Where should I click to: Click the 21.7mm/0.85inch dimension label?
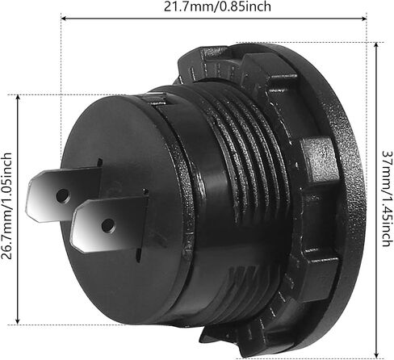pos(217,6)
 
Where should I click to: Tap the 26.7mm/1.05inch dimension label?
pos(6,206)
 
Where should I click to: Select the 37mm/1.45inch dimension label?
pos(388,199)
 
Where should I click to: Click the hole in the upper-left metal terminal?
pos(62,196)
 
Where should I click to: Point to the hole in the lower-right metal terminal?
pos(108,225)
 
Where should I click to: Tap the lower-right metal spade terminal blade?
pos(109,224)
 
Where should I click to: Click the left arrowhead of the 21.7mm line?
pos(64,19)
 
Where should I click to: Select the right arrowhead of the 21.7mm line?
pos(364,19)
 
